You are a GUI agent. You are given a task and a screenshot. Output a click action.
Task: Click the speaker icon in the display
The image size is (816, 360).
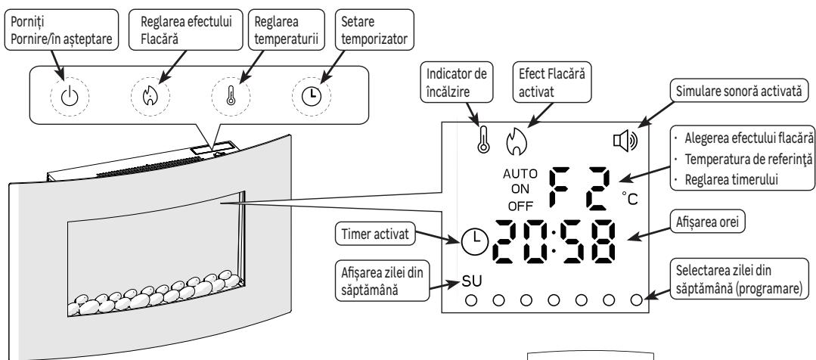pos(629,141)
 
